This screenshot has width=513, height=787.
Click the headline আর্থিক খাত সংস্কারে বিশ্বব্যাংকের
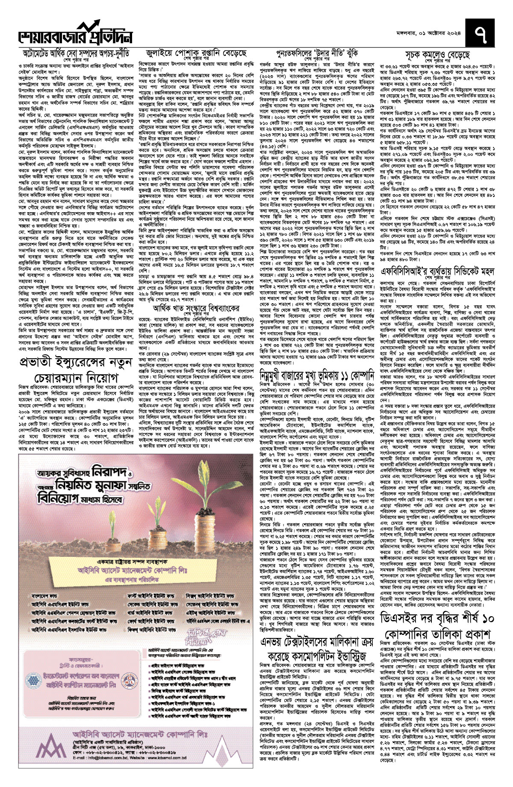pos(197,308)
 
